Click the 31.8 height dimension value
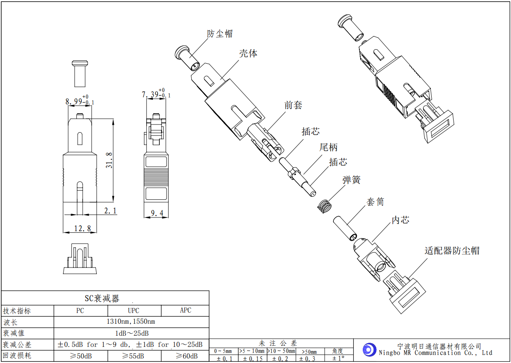tap(109, 160)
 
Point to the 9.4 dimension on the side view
tap(157, 213)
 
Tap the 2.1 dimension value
tap(110, 210)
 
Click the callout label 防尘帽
tap(220, 34)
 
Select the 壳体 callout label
tap(248, 53)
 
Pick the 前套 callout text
tap(293, 105)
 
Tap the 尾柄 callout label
tap(328, 147)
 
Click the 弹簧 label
tap(351, 180)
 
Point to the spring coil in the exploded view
tap(324, 206)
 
